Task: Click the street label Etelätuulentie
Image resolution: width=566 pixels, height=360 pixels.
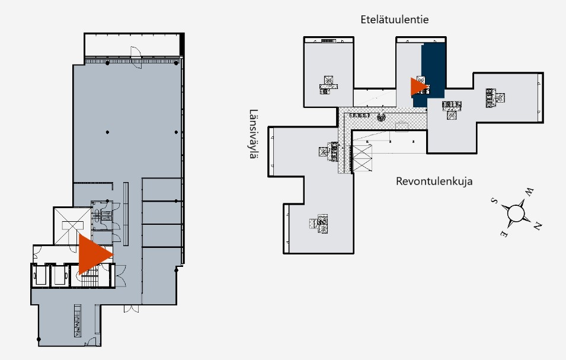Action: (395, 20)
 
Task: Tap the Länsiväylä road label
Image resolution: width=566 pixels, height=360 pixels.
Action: (254, 134)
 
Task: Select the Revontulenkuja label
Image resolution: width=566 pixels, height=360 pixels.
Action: (434, 181)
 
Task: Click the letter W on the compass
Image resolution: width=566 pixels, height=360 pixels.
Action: (529, 192)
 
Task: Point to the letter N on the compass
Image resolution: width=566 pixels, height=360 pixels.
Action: (537, 226)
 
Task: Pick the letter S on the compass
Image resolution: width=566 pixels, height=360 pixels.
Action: (494, 201)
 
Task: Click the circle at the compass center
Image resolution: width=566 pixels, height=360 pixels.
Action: (516, 213)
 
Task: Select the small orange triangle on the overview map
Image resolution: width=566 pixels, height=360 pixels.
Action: (420, 87)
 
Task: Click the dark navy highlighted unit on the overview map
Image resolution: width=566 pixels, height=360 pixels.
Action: (433, 72)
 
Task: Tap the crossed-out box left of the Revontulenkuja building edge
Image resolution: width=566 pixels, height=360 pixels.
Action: (362, 158)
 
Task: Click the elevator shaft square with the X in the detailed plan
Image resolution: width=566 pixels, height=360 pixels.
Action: (72, 226)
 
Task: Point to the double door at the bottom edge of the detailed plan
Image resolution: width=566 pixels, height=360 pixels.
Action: (131, 309)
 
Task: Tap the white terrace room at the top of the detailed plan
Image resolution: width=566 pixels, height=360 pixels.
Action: (132, 46)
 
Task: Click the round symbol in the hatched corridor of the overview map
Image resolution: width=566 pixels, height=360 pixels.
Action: (381, 117)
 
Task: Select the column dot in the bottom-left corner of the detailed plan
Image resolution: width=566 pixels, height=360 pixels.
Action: (39, 339)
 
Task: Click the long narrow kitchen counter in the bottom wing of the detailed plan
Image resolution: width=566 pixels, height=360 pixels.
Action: (78, 321)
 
